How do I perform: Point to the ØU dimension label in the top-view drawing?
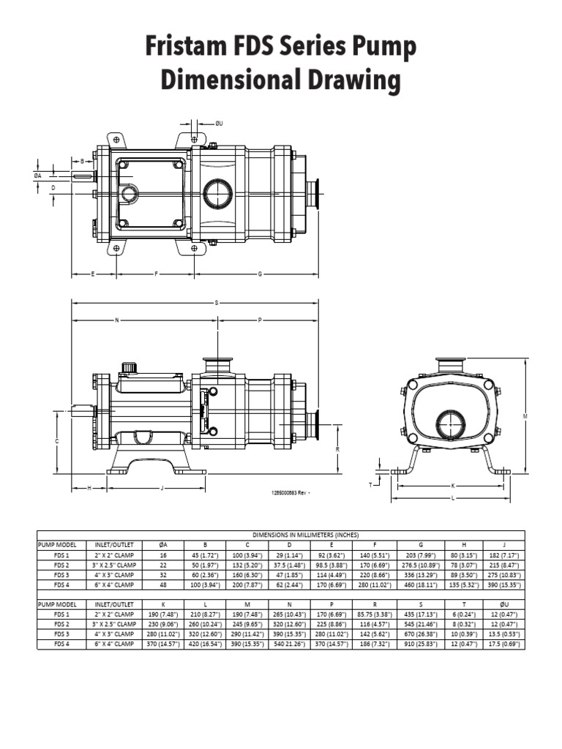(218, 124)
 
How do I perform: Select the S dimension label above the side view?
(217, 302)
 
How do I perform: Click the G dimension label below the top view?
(260, 274)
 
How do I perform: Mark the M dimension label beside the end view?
(525, 415)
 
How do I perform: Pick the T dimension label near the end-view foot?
(371, 484)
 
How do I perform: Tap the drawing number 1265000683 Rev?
(290, 493)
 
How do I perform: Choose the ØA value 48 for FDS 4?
(163, 584)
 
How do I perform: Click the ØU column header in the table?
(503, 605)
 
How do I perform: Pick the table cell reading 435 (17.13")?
(420, 615)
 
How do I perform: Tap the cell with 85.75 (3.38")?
(375, 615)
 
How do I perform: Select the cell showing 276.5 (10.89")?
(420, 565)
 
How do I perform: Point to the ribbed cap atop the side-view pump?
(130, 366)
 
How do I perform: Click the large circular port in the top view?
(218, 194)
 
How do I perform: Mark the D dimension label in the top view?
(53, 188)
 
